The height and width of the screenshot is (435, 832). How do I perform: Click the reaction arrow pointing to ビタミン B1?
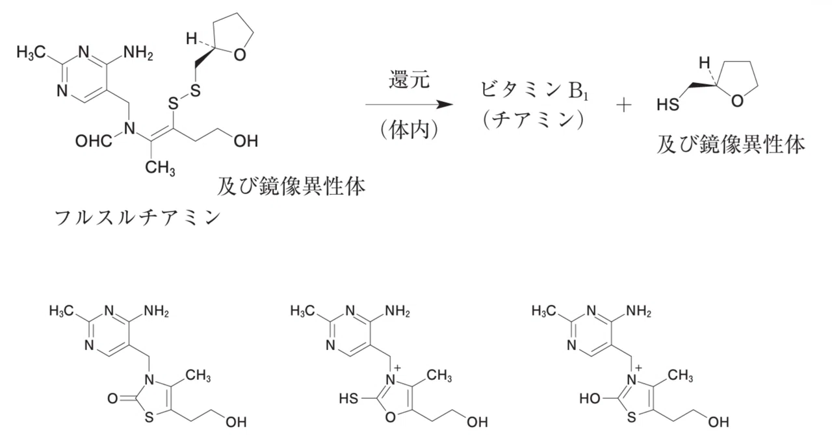point(409,105)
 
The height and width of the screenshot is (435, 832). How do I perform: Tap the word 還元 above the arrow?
point(409,79)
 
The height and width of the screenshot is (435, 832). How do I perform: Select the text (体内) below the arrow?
point(409,130)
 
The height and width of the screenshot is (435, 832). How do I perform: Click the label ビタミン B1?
point(534,90)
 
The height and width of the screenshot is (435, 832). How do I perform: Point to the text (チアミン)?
point(534,120)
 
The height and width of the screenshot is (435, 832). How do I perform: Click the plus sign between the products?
point(623,105)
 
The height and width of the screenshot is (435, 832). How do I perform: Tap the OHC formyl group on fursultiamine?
point(94,141)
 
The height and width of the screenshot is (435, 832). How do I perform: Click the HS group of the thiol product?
point(668,105)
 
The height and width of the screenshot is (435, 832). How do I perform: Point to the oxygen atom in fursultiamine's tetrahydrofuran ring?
point(240,55)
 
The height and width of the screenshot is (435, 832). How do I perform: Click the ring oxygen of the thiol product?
point(737,101)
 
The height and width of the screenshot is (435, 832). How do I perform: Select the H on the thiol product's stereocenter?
point(704,62)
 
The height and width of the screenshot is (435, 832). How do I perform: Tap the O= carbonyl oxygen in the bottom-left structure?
point(112,399)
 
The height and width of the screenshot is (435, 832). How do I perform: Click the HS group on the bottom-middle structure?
point(349,399)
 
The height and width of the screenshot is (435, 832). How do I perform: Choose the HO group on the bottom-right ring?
point(590,399)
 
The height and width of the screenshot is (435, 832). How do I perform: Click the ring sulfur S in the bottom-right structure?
point(631,417)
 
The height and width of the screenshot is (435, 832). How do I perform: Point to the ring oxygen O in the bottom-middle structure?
point(391,417)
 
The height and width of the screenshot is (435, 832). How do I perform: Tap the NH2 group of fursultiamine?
point(138,53)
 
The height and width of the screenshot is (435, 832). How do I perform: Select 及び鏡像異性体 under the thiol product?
point(731,144)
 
